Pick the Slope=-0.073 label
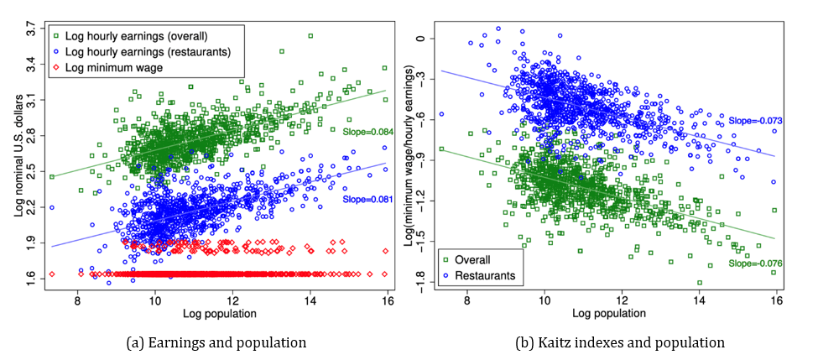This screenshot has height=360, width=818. click(x=754, y=121)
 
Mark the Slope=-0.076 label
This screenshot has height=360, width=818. click(x=754, y=264)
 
